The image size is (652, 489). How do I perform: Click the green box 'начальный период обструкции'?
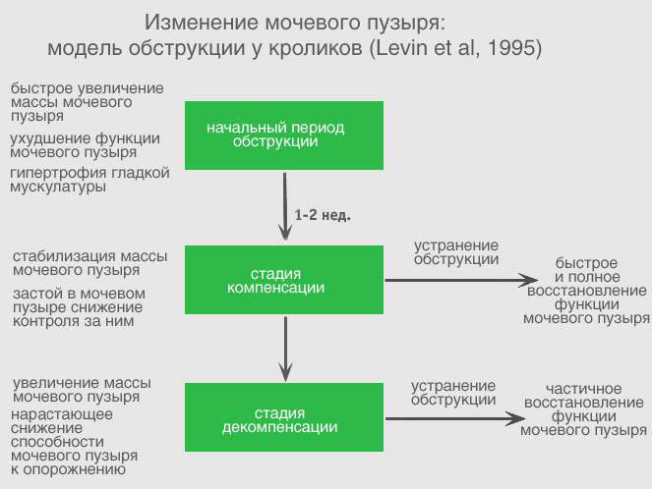[x=284, y=136]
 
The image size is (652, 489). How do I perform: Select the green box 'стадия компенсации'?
[x=284, y=280]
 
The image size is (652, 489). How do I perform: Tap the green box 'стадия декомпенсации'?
[x=284, y=417]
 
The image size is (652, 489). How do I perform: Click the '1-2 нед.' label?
[x=323, y=215]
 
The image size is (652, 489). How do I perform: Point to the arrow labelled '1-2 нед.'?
[x=285, y=207]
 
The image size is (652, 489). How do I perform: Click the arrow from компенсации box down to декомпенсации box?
[x=285, y=350]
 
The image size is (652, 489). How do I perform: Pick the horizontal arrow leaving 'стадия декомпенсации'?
[x=455, y=418]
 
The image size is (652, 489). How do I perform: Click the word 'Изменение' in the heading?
[x=202, y=22]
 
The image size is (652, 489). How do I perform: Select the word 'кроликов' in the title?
[x=316, y=48]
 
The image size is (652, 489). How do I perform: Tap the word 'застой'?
[x=36, y=294]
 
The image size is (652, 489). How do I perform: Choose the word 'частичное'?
[x=583, y=389]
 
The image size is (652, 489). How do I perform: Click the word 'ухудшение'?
[x=50, y=138]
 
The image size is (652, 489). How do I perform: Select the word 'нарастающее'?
[x=62, y=414]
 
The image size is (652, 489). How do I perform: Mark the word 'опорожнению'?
[x=74, y=469]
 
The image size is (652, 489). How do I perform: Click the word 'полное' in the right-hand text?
[x=593, y=277]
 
